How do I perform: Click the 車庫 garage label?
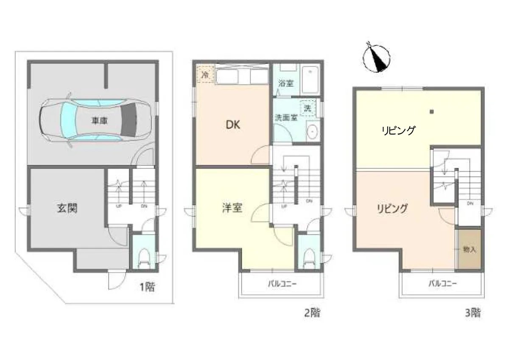pos(99,121)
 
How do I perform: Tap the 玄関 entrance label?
pos(67,208)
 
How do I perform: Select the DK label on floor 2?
pos(233,125)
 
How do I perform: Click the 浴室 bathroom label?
pos(286,83)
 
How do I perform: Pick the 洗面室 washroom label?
pos(286,118)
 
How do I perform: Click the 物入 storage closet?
pos(470,250)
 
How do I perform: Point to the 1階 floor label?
pos(147,287)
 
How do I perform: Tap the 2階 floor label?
pos(313,313)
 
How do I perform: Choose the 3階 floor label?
pos(473,313)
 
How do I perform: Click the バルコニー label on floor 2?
pos(282,284)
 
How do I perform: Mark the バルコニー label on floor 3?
pos(443,284)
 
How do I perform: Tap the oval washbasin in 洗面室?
pos(312,132)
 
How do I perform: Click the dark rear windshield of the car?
pos(129,120)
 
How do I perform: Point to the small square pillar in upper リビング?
pos(432,112)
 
